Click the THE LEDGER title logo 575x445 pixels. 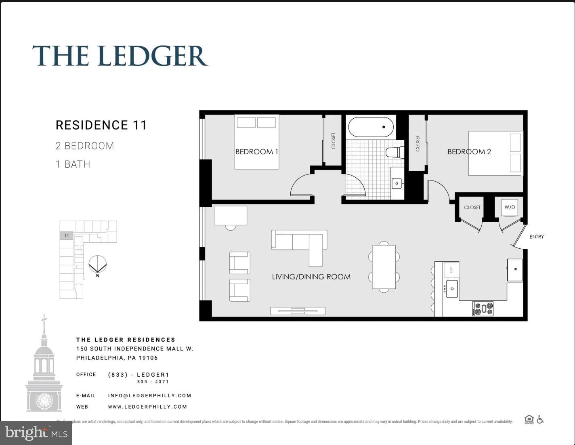tap(120, 56)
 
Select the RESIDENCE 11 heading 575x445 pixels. tap(101, 125)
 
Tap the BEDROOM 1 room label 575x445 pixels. tap(256, 152)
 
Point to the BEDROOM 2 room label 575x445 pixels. tap(469, 152)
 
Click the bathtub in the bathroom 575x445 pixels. tap(371, 127)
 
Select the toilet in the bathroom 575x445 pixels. tap(394, 152)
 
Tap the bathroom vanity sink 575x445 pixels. tap(397, 183)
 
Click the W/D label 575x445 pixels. tap(510, 207)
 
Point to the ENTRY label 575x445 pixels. tap(536, 237)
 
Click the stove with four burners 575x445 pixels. tap(483, 309)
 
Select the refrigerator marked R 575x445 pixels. tap(515, 270)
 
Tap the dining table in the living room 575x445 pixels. tap(384, 267)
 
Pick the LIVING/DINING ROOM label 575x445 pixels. tap(311, 277)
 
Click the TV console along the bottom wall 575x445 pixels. tap(298, 311)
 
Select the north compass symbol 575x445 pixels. tap(97, 265)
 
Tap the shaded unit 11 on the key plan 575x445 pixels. tap(66, 235)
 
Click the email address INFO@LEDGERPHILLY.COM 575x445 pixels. tap(149, 396)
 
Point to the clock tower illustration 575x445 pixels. tap(44, 367)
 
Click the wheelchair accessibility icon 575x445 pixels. tap(540, 420)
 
